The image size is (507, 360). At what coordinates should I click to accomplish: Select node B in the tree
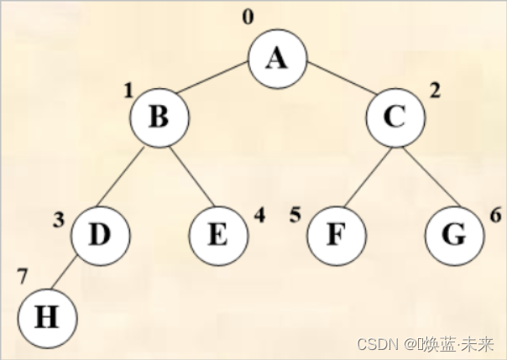point(159,117)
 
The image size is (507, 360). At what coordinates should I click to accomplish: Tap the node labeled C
point(395,117)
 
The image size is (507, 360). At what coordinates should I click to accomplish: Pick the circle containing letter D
point(99,233)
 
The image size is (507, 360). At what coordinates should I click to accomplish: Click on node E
point(217,233)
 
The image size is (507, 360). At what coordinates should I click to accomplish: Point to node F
point(336,233)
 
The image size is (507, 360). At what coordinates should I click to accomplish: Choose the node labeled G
point(454,233)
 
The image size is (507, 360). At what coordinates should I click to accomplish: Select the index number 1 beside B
point(128,90)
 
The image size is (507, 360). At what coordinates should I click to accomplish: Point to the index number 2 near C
point(434,90)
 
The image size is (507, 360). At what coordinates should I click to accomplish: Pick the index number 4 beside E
point(259,215)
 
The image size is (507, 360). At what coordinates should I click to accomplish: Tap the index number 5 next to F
point(295,215)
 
